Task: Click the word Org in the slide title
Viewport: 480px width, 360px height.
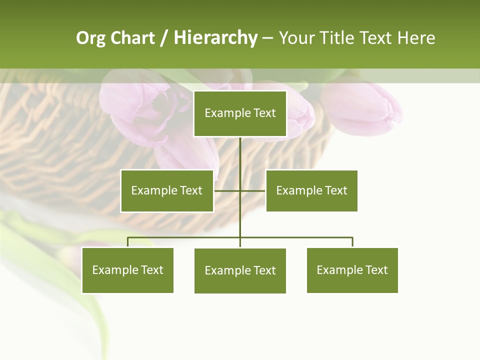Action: (91, 38)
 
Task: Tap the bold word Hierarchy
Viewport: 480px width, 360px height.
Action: (215, 38)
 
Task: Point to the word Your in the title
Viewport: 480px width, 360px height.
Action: (296, 38)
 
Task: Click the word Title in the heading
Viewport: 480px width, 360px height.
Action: (336, 38)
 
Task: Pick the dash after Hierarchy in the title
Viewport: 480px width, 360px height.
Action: (267, 38)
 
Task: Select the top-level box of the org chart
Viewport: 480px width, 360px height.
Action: (240, 113)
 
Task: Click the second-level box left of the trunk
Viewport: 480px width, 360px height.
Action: (167, 190)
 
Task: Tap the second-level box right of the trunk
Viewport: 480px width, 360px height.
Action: (311, 190)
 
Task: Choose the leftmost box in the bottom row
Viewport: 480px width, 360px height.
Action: (127, 270)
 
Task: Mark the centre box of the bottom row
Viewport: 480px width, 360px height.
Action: (240, 270)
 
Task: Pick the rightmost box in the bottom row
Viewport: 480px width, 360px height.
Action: (352, 270)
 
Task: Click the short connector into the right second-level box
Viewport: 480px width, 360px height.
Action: (253, 190)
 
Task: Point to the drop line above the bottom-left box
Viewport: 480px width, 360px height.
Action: (127, 242)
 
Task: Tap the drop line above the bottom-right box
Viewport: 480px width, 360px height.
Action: (352, 242)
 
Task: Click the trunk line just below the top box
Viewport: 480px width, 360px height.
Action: (240, 150)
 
